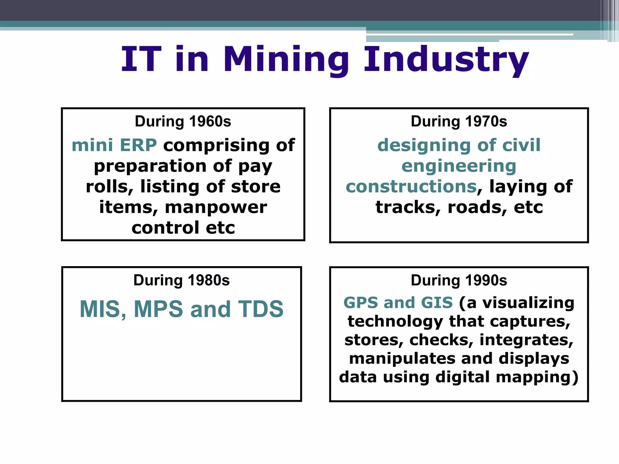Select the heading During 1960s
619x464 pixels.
tap(183, 121)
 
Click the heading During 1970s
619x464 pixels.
tap(459, 121)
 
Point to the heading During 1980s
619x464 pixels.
tap(181, 280)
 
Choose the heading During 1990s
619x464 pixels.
tap(459, 280)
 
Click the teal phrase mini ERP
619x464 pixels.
tap(114, 145)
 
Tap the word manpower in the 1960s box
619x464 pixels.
tap(216, 207)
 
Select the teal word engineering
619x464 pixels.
tap(459, 166)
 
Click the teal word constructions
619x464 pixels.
tap(411, 187)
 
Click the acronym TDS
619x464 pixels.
tap(261, 309)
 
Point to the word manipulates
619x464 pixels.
tap(402, 359)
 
